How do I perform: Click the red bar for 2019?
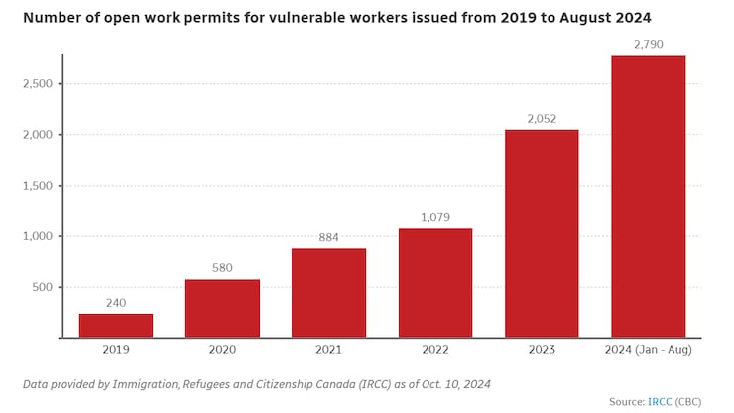click(x=116, y=326)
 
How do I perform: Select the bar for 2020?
click(x=222, y=309)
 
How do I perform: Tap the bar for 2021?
click(x=328, y=293)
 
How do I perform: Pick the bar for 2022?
click(x=435, y=283)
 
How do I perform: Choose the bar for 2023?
click(x=542, y=233)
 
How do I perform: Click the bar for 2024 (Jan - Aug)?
click(x=648, y=196)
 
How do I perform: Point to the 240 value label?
click(x=116, y=304)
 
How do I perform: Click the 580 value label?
click(x=222, y=269)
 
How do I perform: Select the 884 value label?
click(x=328, y=238)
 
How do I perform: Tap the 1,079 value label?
click(x=435, y=218)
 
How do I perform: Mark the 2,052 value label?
click(x=542, y=119)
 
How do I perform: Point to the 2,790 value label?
click(x=648, y=44)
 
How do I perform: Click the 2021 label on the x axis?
click(x=328, y=350)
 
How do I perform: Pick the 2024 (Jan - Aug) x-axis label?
click(x=648, y=350)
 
